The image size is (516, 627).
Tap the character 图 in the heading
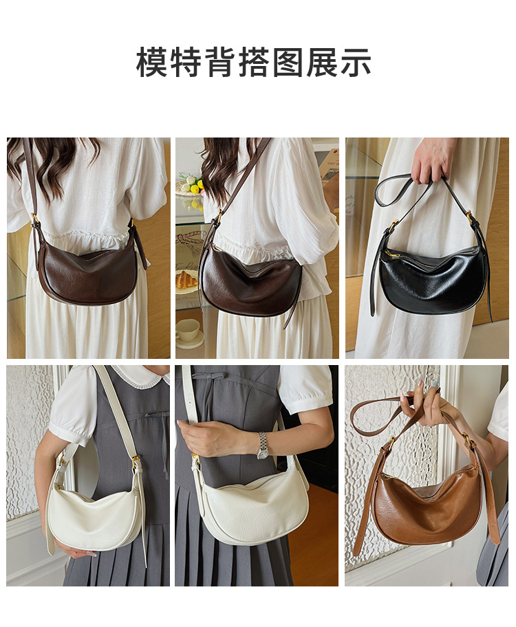point(288,62)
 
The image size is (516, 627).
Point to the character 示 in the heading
point(356,62)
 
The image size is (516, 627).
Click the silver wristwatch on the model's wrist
point(263,445)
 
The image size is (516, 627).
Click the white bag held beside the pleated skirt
point(96,516)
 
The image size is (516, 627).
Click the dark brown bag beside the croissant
point(250,280)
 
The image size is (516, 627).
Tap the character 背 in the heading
point(219,62)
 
